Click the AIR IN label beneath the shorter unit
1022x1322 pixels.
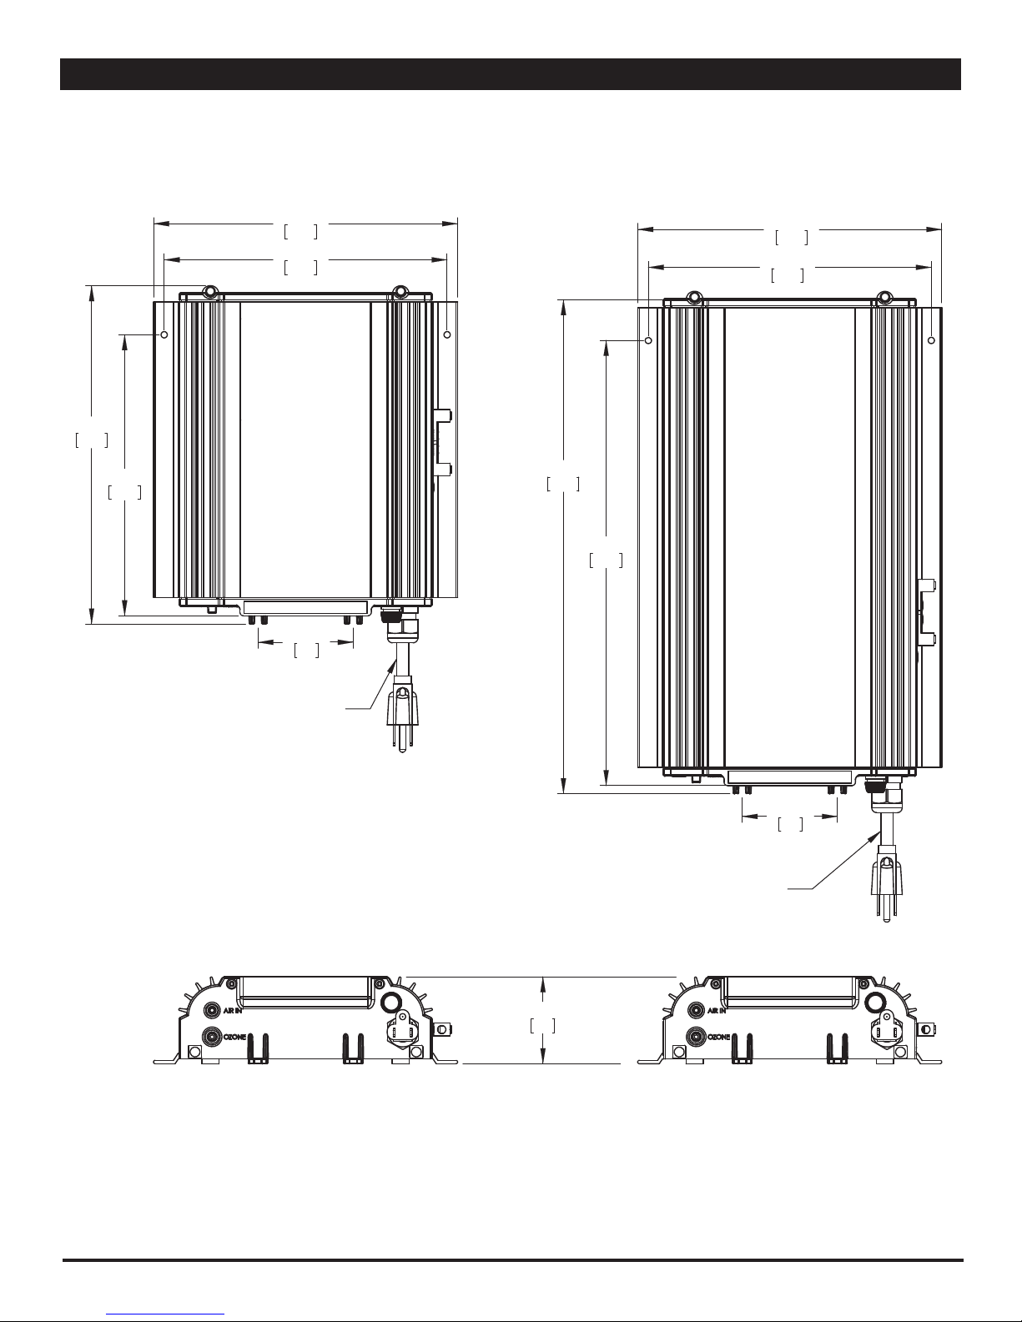232,1011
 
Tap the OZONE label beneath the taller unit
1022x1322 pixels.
718,1037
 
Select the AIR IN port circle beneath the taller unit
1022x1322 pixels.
697,1011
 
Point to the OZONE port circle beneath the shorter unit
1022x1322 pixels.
212,1036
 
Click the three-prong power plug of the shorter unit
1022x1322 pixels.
402,718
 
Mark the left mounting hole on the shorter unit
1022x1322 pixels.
164,334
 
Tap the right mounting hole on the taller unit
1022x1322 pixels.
931,340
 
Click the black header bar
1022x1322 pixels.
511,74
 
